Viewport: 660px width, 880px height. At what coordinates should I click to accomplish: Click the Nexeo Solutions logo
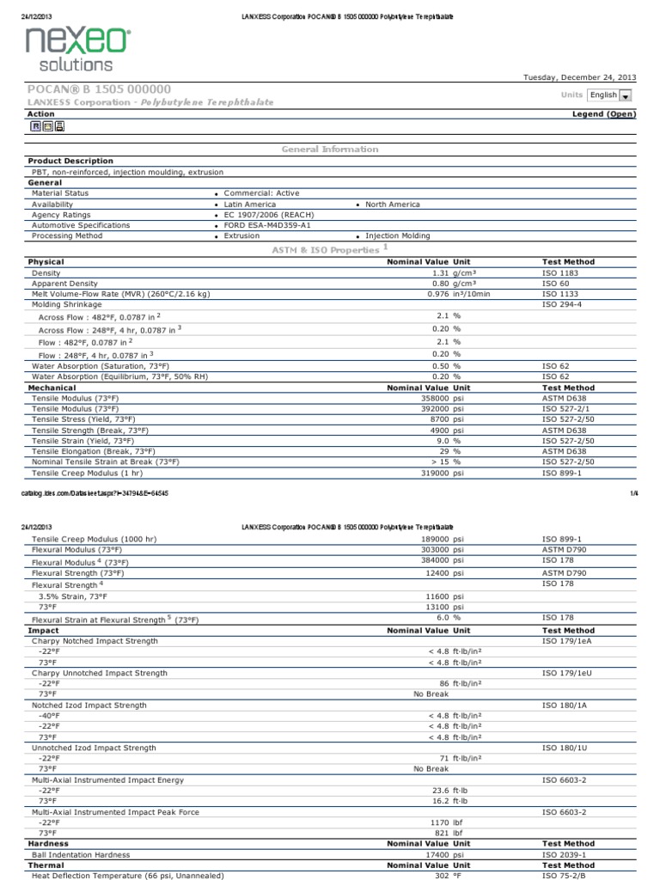[78, 48]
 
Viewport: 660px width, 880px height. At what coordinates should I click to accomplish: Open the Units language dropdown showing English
[610, 95]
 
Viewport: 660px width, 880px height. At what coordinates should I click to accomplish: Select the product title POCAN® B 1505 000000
[100, 89]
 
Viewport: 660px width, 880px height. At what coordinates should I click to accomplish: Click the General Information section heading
[330, 150]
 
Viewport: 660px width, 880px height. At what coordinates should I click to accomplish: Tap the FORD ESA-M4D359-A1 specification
[267, 225]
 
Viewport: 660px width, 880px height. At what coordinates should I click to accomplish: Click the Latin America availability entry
[250, 205]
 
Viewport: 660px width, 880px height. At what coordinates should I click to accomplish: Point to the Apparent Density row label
[64, 283]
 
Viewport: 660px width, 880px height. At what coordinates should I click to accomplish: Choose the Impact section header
[45, 630]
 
